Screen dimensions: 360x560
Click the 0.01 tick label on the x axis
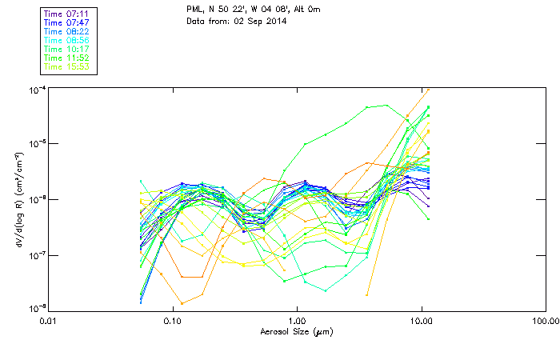point(49,322)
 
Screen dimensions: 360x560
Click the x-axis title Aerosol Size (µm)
point(297,331)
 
